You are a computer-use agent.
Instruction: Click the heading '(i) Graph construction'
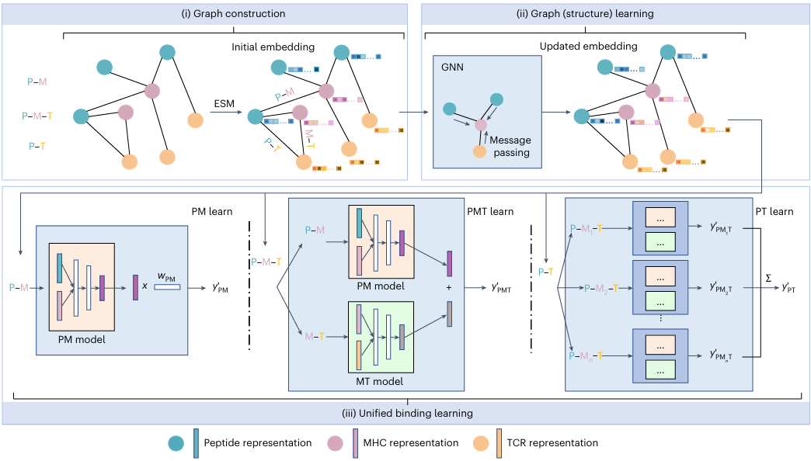234,13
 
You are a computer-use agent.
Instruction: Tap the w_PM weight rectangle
167,287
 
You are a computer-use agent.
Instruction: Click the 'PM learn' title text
212,211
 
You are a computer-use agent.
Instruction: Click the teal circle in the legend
176,443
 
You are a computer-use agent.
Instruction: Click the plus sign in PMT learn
449,287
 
